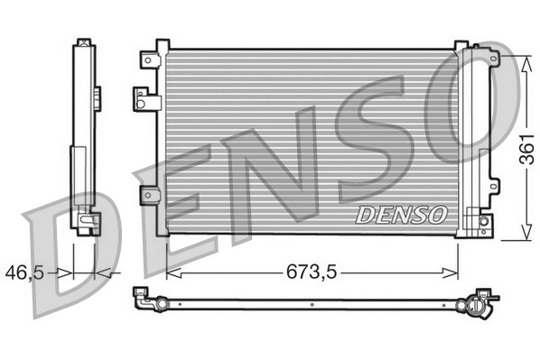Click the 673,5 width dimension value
(x=312, y=272)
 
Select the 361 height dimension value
(x=527, y=149)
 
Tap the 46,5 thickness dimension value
(x=24, y=272)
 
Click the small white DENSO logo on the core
(x=401, y=215)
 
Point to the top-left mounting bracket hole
(x=148, y=60)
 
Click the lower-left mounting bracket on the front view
(x=150, y=196)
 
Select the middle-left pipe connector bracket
(x=147, y=98)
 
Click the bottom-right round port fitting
(x=484, y=221)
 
